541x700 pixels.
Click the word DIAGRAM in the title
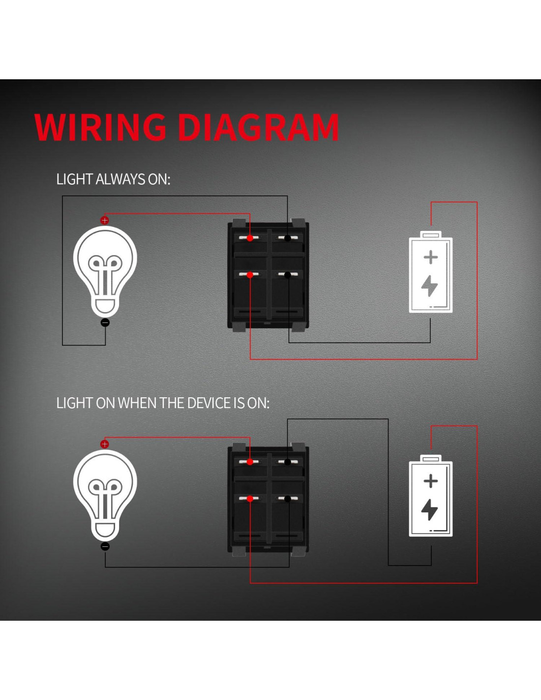tap(258, 127)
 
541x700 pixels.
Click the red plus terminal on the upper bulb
tap(104, 221)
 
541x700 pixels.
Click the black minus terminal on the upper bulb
tap(105, 323)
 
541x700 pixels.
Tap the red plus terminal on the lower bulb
tap(104, 444)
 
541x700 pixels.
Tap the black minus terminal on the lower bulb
tap(105, 546)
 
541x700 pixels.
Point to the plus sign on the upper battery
tap(431, 257)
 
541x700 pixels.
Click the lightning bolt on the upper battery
tap(430, 286)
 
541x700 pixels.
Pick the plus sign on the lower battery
tap(431, 480)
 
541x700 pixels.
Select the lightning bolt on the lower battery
tap(430, 509)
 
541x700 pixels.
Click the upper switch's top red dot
tap(250, 238)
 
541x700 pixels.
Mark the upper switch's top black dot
tap(288, 238)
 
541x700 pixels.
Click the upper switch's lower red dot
tap(250, 275)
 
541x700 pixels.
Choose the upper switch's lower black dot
tap(288, 275)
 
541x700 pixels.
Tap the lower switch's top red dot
tap(250, 462)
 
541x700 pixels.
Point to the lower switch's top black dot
tap(288, 462)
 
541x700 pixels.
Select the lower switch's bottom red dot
tap(250, 499)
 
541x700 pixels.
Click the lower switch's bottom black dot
tap(288, 499)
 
